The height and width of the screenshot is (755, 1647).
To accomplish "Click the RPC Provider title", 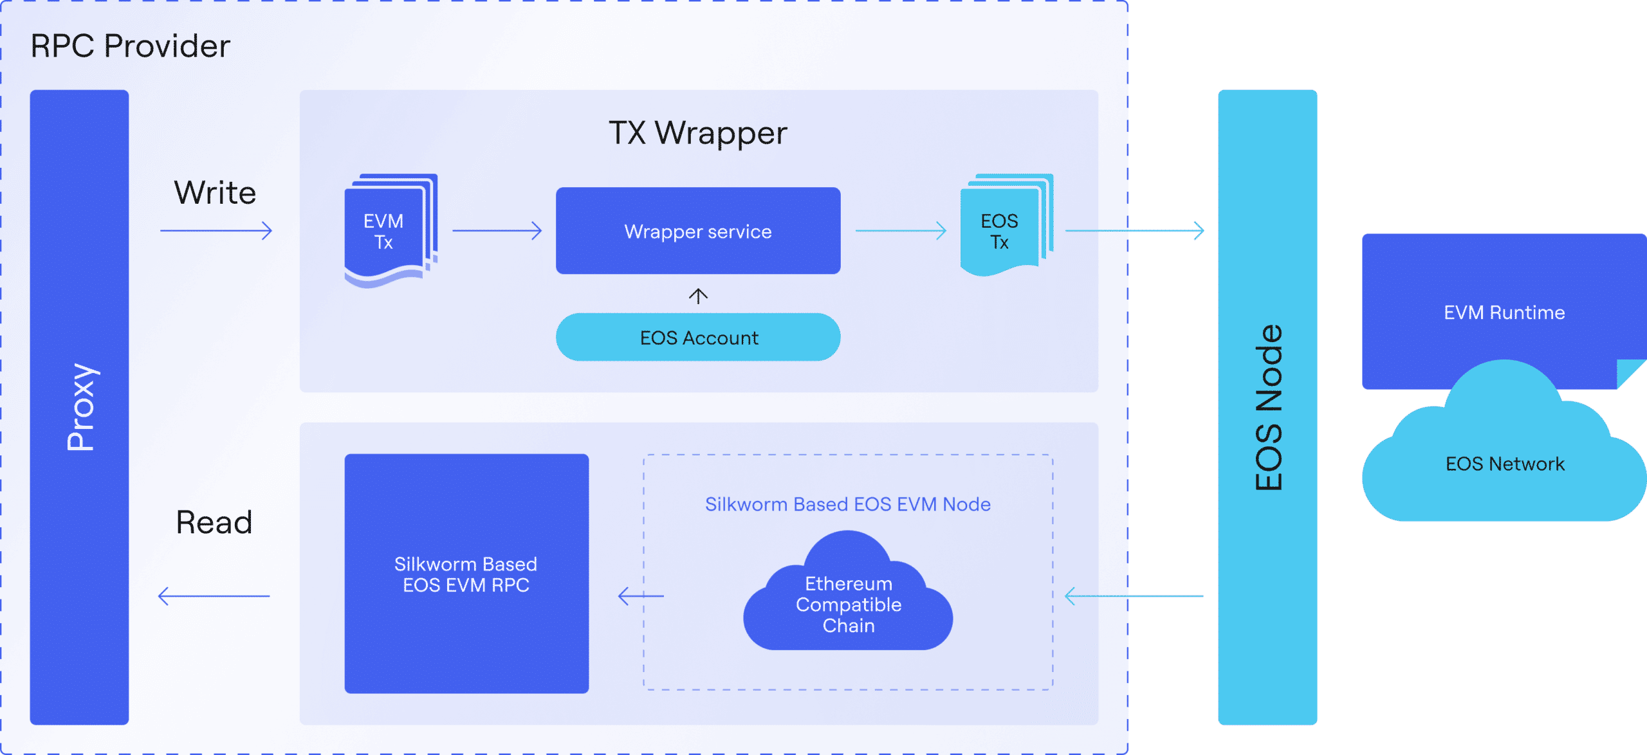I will [130, 46].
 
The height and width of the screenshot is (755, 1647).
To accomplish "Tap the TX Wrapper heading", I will [697, 133].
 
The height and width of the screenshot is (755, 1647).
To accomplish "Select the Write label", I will [215, 193].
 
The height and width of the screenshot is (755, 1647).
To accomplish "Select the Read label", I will [214, 522].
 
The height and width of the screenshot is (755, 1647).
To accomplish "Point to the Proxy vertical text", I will [81, 406].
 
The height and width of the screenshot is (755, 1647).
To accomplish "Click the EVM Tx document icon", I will [389, 232].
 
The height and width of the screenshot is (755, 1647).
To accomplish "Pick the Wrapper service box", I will [698, 232].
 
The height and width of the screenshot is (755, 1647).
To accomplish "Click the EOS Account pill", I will [698, 338].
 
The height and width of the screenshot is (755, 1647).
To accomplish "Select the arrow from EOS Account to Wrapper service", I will [698, 296].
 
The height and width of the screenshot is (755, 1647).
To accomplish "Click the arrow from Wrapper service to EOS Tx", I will [901, 230].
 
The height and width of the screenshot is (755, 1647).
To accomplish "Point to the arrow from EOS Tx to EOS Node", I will [1134, 230].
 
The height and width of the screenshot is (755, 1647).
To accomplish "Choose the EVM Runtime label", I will [1504, 313].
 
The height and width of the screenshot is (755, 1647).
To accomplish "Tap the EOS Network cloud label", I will [1505, 464].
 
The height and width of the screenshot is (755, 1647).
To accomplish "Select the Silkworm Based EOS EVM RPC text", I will [466, 574].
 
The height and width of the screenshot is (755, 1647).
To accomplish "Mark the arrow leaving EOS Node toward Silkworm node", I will [1134, 596].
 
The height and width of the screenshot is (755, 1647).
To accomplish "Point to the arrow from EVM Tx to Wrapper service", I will [497, 231].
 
